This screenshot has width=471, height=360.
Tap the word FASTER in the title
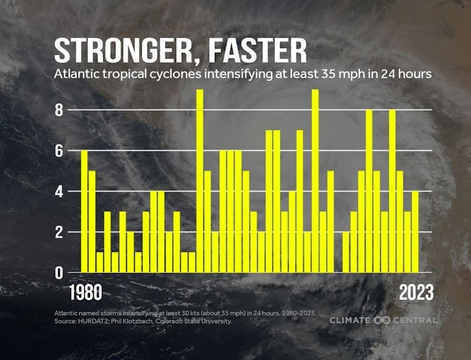pos(257,49)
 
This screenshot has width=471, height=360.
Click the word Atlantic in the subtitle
pos(79,74)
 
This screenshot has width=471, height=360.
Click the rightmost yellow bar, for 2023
pos(415,232)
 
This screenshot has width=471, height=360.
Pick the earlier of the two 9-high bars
pos(200,181)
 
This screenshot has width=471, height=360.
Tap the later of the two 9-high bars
pos(315,181)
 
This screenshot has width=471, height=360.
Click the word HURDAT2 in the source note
pos(95,321)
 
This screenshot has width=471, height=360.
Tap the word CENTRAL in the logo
pos(415,320)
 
